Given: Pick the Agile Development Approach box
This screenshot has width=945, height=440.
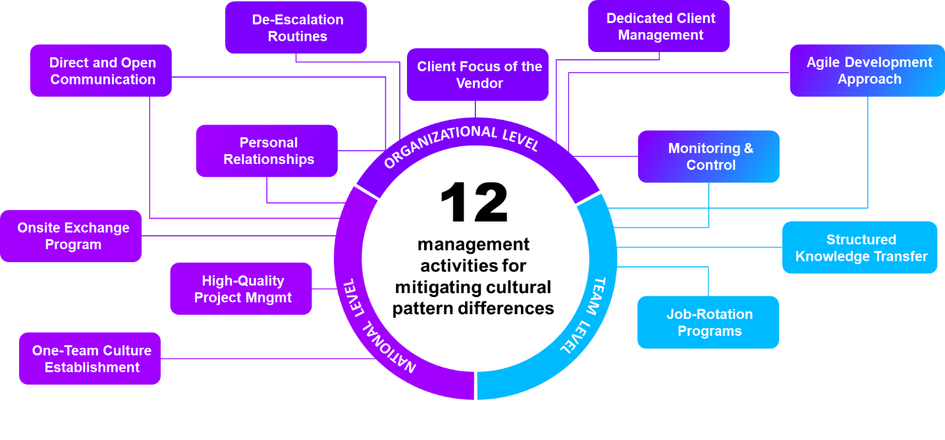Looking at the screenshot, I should [x=867, y=70].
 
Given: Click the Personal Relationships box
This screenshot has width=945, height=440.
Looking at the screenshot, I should [x=267, y=151].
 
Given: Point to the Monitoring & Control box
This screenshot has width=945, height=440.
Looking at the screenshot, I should [x=709, y=157].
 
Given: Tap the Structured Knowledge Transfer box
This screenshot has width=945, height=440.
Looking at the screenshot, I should [x=860, y=248].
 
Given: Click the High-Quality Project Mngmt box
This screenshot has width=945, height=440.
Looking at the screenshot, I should [x=241, y=289].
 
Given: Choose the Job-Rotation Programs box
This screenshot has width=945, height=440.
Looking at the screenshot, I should [x=709, y=322].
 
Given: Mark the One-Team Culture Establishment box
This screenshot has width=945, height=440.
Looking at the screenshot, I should [x=90, y=358].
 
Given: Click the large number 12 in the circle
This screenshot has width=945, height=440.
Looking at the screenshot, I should [x=474, y=203].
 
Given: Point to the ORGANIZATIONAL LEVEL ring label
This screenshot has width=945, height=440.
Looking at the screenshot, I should [x=461, y=144].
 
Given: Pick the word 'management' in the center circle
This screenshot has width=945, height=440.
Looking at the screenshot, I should [x=473, y=244].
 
